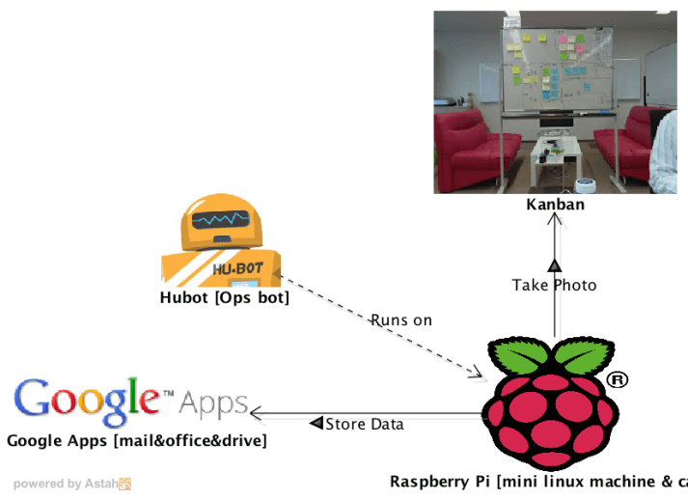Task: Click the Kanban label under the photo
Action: pos(555,205)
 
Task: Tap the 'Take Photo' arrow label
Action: pos(554,285)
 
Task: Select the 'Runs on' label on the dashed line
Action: pos(401,320)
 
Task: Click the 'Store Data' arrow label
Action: pos(364,424)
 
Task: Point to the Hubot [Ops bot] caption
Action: pos(225,298)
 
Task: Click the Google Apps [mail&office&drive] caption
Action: pos(137,441)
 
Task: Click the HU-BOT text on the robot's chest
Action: pos(233,270)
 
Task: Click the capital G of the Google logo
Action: pos(36,400)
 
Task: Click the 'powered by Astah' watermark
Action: pos(71,484)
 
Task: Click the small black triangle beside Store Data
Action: pos(316,424)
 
